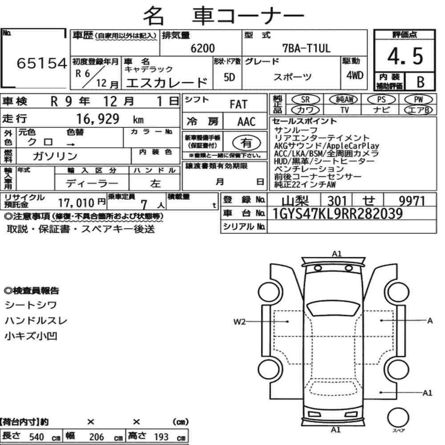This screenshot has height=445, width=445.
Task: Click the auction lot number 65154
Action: (42, 63)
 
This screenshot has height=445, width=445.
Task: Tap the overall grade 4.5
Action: (405, 56)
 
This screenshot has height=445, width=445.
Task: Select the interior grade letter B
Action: (421, 82)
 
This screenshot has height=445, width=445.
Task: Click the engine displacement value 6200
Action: (202, 48)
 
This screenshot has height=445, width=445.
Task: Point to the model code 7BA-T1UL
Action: (306, 48)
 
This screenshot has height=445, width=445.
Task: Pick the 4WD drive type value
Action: (355, 75)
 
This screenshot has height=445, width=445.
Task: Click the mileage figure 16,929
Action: (97, 119)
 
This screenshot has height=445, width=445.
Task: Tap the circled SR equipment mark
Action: (305, 100)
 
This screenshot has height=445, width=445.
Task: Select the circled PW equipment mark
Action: (418, 99)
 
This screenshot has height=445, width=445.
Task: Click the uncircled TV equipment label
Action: (344, 110)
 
